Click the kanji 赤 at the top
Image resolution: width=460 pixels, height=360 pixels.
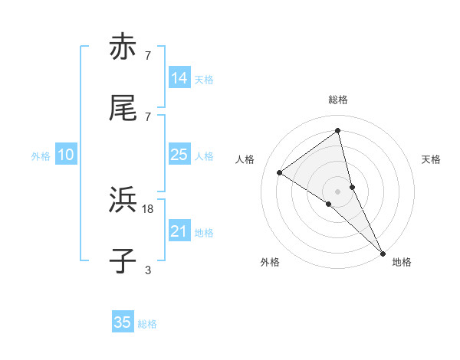tap(123, 47)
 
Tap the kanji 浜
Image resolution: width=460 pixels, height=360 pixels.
tap(123, 201)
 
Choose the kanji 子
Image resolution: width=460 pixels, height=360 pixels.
tap(123, 261)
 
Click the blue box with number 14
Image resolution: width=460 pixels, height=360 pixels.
tap(179, 78)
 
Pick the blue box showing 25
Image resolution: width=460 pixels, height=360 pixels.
tap(179, 155)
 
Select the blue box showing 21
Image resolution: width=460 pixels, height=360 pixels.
tap(179, 231)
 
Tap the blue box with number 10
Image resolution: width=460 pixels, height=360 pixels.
tap(66, 155)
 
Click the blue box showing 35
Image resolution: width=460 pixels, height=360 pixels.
tap(123, 322)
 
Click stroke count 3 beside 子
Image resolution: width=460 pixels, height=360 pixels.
tap(148, 270)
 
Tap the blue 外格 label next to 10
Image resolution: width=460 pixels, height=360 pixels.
tap(41, 155)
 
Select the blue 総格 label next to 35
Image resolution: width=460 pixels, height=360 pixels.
tap(147, 324)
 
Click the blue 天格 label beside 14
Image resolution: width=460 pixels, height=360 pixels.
tap(204, 79)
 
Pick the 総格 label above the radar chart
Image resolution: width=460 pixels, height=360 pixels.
tap(338, 100)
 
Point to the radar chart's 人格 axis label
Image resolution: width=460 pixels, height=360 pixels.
tap(245, 159)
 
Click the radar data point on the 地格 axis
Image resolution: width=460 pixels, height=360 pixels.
tap(383, 252)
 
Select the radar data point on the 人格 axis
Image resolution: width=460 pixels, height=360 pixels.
tap(280, 172)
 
